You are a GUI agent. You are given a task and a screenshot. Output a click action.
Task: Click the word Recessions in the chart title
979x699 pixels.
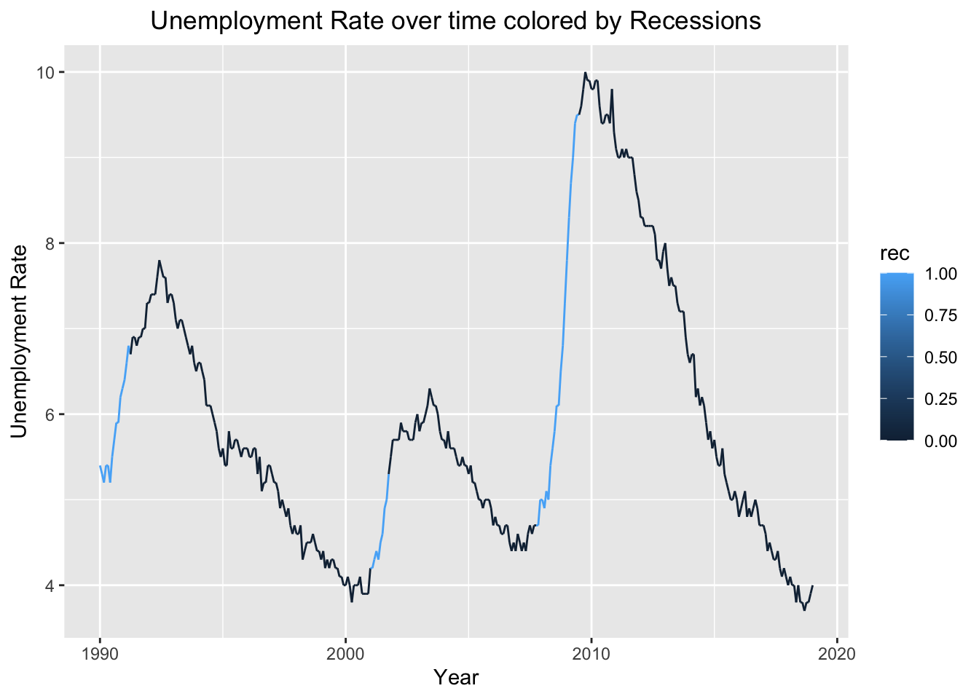pyautogui.click(x=695, y=20)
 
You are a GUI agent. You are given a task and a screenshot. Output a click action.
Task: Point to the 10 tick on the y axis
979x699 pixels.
pyautogui.click(x=47, y=72)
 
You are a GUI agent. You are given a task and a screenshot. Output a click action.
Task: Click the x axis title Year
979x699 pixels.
pyautogui.click(x=456, y=678)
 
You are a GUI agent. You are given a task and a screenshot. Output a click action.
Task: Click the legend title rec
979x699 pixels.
pyautogui.click(x=895, y=253)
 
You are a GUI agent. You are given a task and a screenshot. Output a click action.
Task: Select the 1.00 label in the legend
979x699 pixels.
pyautogui.click(x=940, y=274)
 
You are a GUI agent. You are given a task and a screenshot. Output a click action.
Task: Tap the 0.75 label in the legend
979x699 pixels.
pyautogui.click(x=940, y=315)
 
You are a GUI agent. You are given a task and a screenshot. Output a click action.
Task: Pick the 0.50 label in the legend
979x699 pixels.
pyautogui.click(x=940, y=357)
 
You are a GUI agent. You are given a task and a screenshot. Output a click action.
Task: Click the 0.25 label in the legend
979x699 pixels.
pyautogui.click(x=940, y=398)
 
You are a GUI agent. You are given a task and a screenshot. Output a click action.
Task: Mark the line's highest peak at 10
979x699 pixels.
pyautogui.click(x=585, y=73)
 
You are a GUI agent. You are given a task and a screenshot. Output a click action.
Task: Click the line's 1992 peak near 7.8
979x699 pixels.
pyautogui.click(x=159, y=261)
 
